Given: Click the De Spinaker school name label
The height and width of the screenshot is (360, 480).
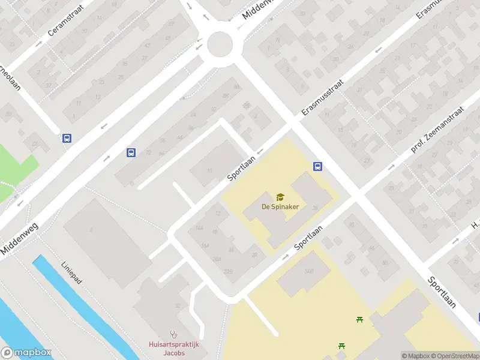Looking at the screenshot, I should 280,206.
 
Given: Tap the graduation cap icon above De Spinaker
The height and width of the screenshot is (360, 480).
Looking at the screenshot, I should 280,197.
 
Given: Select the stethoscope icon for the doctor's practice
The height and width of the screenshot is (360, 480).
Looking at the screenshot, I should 174,334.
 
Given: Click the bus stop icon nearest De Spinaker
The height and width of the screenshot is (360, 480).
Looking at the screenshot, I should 317,167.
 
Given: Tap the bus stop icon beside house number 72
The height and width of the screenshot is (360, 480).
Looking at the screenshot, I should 131,152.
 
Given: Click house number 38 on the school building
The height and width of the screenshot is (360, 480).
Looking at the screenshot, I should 314,208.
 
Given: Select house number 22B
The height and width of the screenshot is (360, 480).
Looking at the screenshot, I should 227,272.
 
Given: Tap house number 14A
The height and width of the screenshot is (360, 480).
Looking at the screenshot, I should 199,227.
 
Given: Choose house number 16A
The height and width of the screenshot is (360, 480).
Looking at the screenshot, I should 206,245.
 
